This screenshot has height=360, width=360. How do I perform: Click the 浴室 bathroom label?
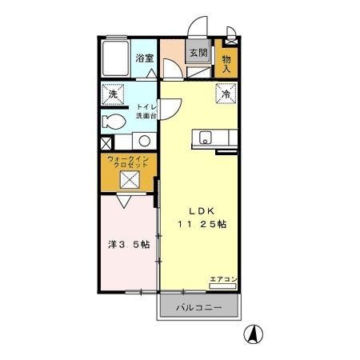(x=144, y=58)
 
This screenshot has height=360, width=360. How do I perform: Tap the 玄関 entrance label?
(x=198, y=54)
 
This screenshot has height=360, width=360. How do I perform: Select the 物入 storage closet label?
(x=226, y=64)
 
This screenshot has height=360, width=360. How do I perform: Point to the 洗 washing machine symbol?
(x=114, y=96)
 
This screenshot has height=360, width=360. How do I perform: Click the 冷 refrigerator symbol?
(x=226, y=94)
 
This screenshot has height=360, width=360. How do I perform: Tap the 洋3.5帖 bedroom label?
(x=128, y=245)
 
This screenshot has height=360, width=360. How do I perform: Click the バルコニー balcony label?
(x=198, y=307)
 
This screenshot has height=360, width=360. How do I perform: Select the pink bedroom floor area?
(x=128, y=264)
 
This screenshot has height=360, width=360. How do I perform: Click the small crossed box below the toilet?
(x=106, y=144)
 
